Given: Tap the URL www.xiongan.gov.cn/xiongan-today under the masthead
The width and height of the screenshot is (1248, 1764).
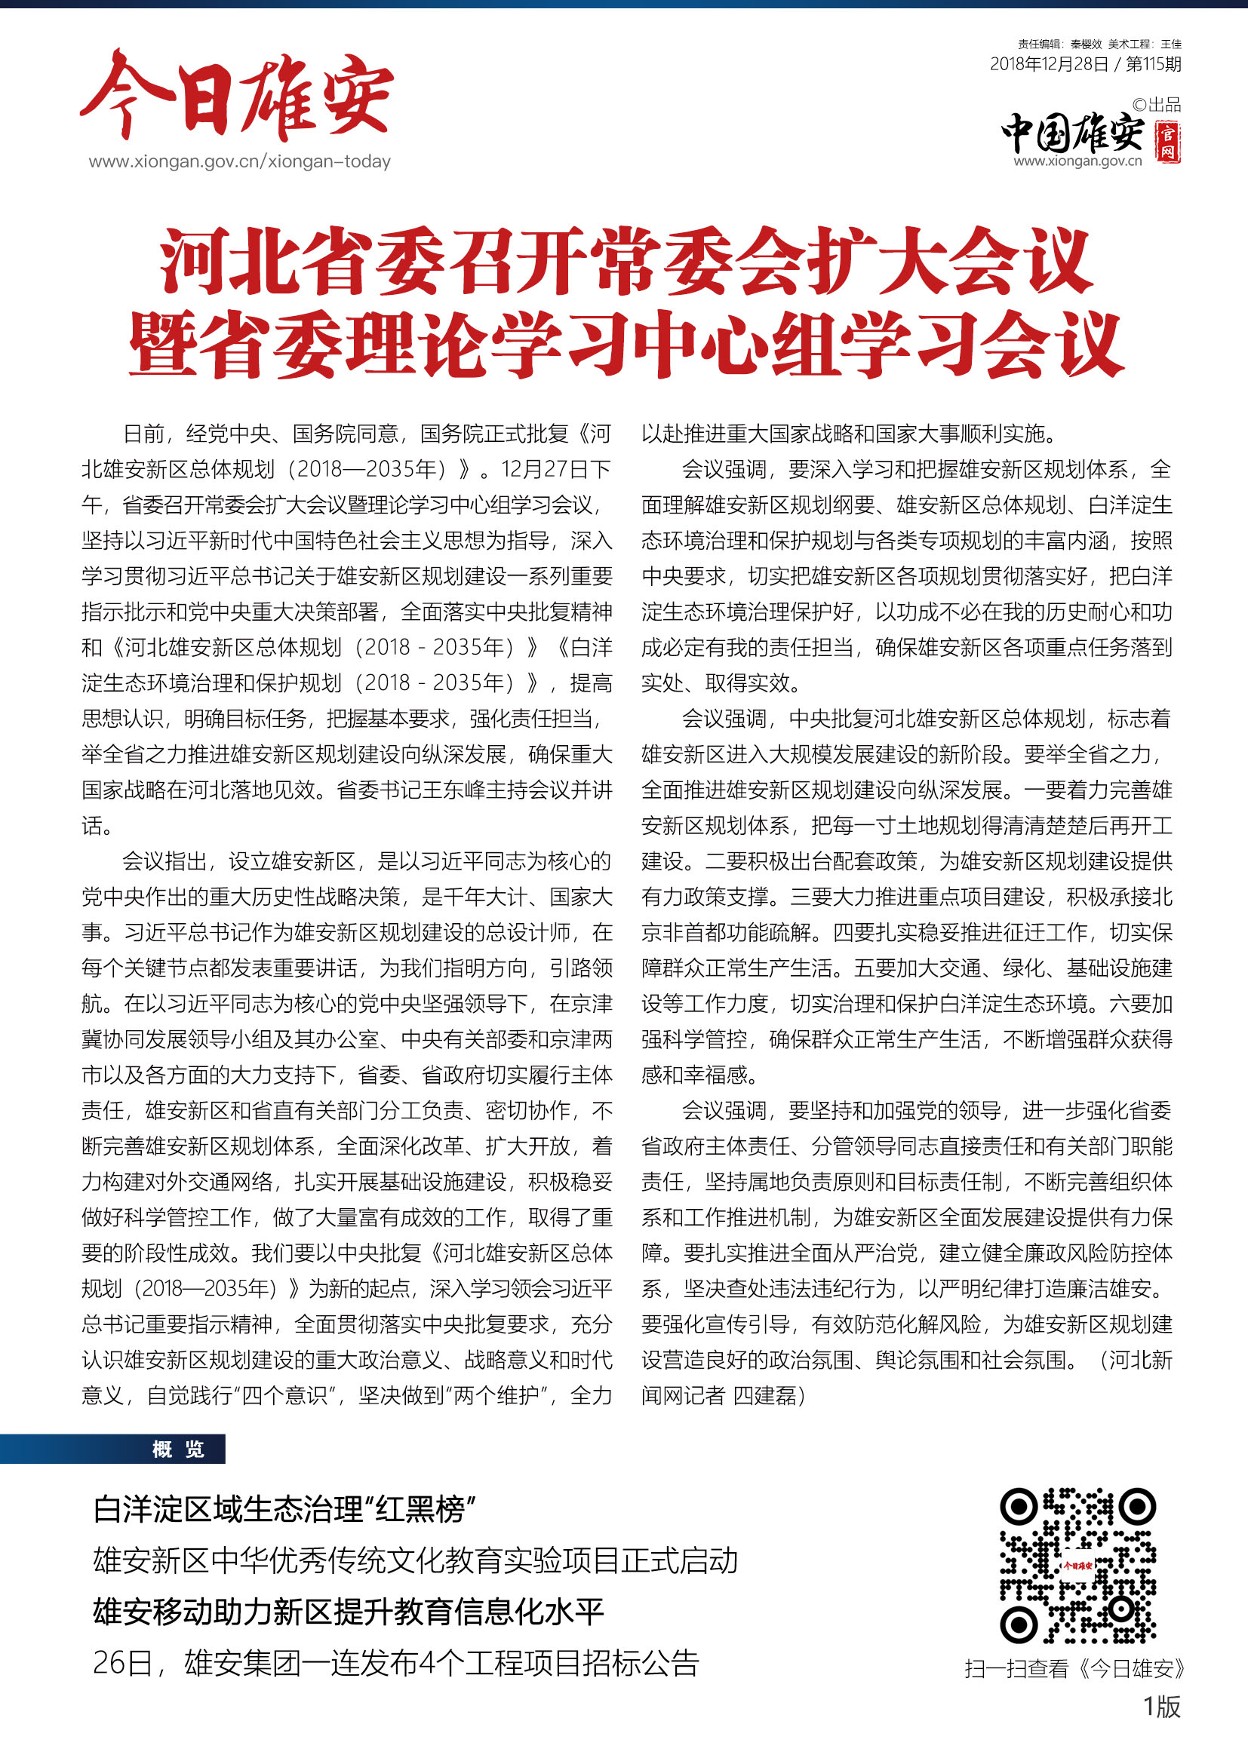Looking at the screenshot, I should point(239,162).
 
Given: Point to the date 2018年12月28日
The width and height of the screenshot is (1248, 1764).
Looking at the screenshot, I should point(1048,65).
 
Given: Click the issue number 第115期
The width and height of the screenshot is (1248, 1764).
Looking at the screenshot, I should point(1153,65).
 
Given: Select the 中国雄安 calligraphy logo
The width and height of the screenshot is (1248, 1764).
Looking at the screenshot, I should point(1072,133).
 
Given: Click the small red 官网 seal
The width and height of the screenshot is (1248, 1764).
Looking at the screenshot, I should point(1168,141).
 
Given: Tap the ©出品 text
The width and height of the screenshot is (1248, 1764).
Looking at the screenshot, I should point(1157,105).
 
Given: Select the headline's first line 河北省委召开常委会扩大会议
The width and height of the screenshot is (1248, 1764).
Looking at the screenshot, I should point(626,262).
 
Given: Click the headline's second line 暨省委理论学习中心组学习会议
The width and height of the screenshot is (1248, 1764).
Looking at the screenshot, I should point(626,345).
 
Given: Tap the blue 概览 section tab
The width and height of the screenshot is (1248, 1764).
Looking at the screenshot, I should point(178,1450).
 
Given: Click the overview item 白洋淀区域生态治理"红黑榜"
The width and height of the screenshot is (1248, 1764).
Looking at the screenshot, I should point(284,1510).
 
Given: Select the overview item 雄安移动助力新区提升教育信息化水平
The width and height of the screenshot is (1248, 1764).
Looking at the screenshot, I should point(348,1612).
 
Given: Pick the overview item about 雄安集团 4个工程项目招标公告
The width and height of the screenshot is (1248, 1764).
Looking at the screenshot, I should point(396,1664).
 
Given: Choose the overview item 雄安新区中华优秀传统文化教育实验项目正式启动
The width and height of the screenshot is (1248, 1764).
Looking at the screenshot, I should point(415,1560).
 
